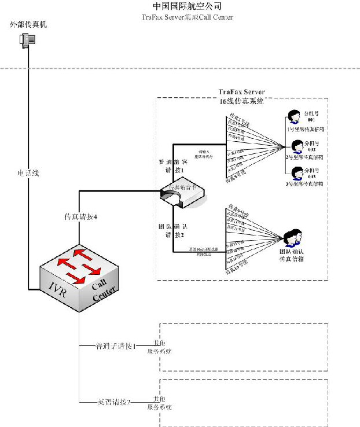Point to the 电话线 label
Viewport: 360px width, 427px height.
tap(28, 173)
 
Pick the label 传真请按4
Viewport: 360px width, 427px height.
tap(80, 217)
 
